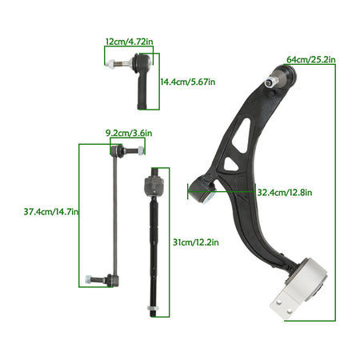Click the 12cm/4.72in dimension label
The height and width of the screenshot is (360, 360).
pyautogui.click(x=130, y=42)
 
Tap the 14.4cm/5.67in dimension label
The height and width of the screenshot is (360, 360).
pyautogui.click(x=187, y=82)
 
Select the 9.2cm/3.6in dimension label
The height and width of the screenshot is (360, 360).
pyautogui.click(x=129, y=133)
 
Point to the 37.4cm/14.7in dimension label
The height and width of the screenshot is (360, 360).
pyautogui.click(x=51, y=212)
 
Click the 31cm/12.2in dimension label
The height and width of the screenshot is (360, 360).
pyautogui.click(x=196, y=242)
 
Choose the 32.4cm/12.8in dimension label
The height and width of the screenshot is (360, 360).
pyautogui.click(x=285, y=192)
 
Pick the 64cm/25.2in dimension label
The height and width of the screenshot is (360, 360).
pyautogui.click(x=311, y=60)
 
